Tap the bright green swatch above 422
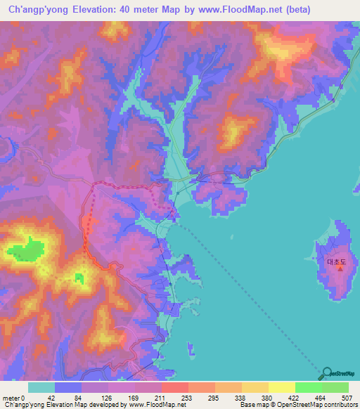[308, 387]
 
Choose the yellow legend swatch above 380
[255, 387]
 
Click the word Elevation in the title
[91, 9]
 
